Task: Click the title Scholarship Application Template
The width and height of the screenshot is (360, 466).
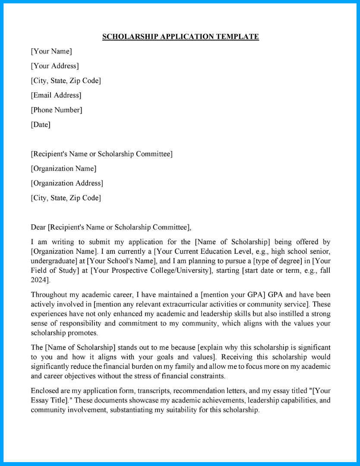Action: click(180, 37)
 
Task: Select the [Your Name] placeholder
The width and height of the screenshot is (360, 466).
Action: click(51, 51)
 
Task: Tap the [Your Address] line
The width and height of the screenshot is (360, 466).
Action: click(55, 66)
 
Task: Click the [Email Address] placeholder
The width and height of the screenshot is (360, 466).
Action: click(56, 95)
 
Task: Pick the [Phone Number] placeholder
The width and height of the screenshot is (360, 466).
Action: click(57, 110)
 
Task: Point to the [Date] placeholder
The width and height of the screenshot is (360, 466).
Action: click(41, 125)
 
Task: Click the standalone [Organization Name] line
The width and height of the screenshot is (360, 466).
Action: click(63, 169)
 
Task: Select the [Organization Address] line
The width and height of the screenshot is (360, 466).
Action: click(67, 183)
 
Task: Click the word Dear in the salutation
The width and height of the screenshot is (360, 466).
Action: click(38, 227)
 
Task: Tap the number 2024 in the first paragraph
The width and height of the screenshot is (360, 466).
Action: click(39, 280)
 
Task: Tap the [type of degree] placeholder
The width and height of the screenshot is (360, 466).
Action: click(277, 261)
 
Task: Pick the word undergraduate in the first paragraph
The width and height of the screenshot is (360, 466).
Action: click(52, 261)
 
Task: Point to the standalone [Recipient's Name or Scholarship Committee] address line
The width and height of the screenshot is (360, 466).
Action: click(101, 154)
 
